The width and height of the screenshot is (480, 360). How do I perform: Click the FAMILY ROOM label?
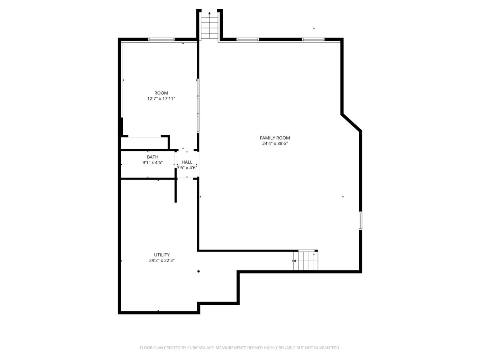click(x=275, y=138)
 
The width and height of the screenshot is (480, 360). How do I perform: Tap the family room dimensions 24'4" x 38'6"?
click(x=275, y=144)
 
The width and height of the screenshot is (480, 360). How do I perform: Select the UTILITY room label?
click(x=162, y=255)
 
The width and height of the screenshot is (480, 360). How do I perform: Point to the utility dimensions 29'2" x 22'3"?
click(x=162, y=260)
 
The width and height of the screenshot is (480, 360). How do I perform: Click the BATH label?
click(x=152, y=157)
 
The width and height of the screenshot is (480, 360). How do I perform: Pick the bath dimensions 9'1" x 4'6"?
click(x=152, y=163)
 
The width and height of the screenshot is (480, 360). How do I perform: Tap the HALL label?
click(x=187, y=162)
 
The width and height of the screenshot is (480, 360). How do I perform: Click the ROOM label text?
click(x=161, y=93)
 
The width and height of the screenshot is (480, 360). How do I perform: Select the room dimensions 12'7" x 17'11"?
click(x=161, y=98)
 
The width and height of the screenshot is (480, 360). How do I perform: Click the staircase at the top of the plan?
click(x=210, y=25)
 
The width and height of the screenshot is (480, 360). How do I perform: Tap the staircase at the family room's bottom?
click(x=306, y=260)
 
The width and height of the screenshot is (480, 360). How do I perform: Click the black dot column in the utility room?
click(x=198, y=271)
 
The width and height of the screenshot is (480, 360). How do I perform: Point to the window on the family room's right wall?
click(x=360, y=220)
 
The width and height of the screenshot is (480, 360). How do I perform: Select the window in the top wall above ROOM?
click(x=161, y=39)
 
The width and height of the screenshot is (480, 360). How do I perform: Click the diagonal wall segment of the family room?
click(x=351, y=123)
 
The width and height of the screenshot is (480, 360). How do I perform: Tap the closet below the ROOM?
click(x=144, y=143)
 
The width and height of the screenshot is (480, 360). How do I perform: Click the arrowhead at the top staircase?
click(x=210, y=13)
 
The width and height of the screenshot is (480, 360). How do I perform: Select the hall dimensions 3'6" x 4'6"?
click(x=187, y=168)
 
